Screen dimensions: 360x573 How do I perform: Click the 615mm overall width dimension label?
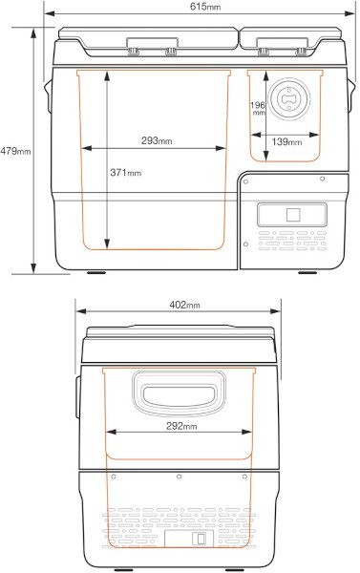[x=205, y=7]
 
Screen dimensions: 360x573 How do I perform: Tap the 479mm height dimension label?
[x=15, y=151]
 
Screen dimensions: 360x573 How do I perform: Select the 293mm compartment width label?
[x=157, y=140]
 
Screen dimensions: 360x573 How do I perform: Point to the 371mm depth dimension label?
[x=125, y=172]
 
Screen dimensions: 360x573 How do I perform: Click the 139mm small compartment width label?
[x=286, y=141]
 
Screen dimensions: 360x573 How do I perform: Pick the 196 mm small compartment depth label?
[x=258, y=109]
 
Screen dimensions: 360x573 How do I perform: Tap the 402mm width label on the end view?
[x=184, y=305]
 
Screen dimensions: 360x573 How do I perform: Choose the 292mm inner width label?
[x=181, y=426]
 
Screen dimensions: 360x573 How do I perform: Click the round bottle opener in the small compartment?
[x=288, y=98]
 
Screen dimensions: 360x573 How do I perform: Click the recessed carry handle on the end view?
[x=179, y=393]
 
